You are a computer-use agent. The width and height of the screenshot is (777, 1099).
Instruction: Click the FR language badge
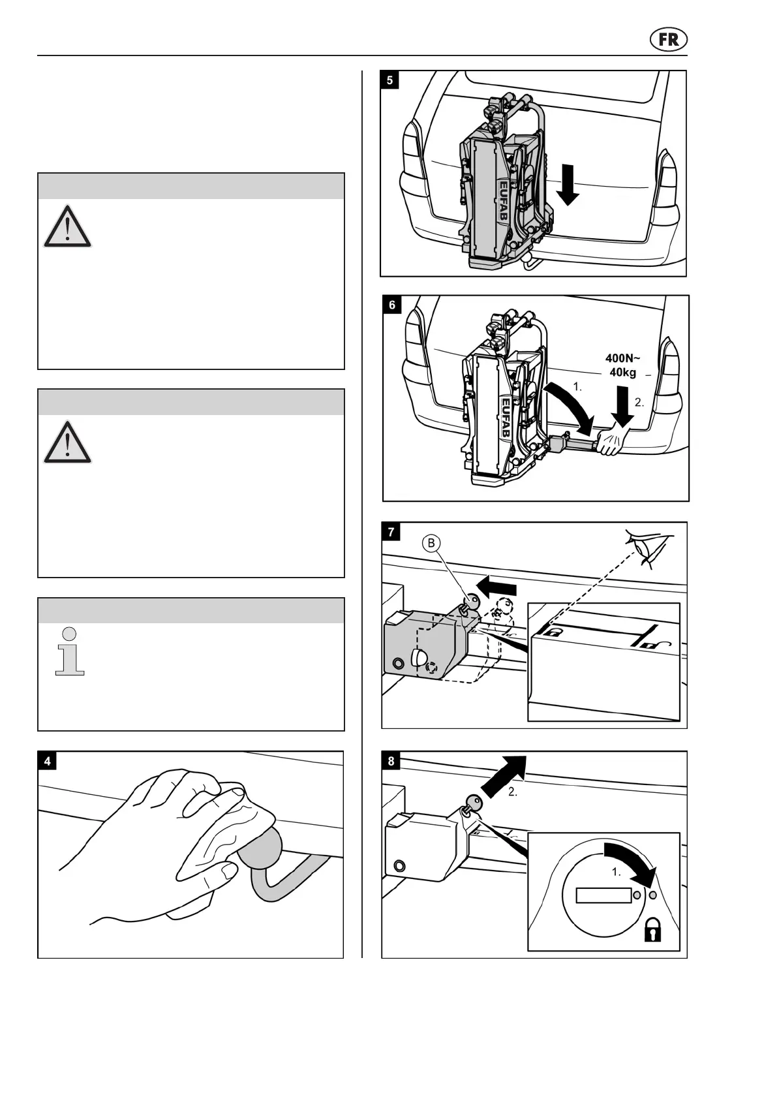[669, 40]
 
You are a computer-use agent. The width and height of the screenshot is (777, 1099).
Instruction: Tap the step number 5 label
[390, 81]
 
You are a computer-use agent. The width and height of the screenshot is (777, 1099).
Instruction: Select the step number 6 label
[392, 305]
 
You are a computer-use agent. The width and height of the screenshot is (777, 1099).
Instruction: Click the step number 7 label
[391, 532]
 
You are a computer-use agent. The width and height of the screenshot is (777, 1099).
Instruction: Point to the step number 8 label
[391, 761]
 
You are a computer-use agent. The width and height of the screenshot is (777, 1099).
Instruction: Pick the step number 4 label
[48, 761]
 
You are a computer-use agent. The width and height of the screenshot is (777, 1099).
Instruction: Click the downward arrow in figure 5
[568, 185]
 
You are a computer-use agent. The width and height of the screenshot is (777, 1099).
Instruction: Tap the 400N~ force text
[622, 358]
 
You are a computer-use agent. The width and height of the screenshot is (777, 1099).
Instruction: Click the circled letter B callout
[431, 543]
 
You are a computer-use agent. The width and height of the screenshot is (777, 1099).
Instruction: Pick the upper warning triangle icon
[67, 226]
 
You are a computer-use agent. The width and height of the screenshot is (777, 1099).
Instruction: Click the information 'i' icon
[70, 651]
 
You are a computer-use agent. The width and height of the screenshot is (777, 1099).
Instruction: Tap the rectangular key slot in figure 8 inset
[603, 895]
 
